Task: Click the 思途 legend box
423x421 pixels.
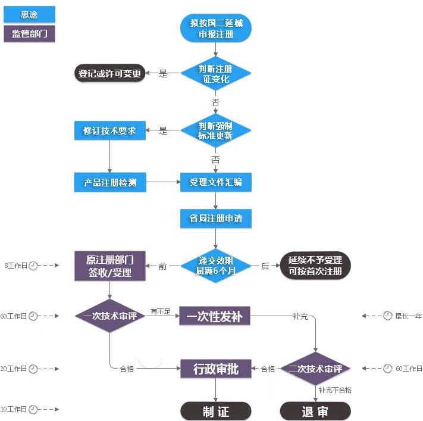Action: coord(29,14)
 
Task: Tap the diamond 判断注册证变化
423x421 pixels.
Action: coord(216,74)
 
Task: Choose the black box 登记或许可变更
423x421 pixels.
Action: coord(110,73)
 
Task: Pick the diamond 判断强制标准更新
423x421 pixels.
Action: coord(216,130)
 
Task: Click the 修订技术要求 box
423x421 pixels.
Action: coord(110,130)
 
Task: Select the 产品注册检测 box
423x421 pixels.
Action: coord(110,182)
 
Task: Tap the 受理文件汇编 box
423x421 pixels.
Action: coord(216,182)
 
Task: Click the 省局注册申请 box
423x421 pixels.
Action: coord(216,219)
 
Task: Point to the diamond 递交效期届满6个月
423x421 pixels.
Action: coord(216,266)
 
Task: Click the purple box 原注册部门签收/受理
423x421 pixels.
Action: coord(110,266)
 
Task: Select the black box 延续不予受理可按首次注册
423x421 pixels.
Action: coord(315,266)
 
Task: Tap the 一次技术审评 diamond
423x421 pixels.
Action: coord(110,316)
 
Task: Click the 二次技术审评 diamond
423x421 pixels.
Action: coord(315,369)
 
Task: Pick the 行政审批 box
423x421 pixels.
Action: coord(216,369)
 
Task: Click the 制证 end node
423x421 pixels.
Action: coord(216,411)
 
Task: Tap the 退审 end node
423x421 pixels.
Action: coord(315,411)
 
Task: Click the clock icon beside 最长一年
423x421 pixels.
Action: coord(387,316)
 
